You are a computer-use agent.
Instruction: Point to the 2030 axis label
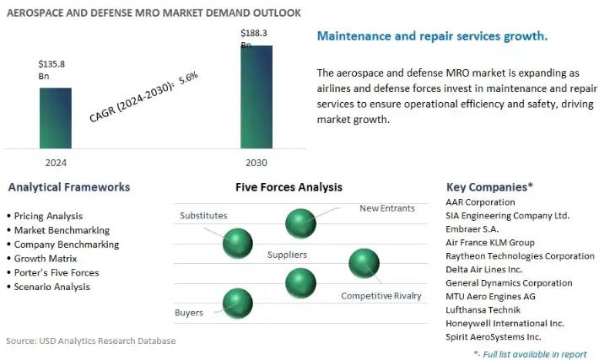pyautogui.click(x=256, y=163)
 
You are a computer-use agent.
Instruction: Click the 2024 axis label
pyautogui.click(x=55, y=163)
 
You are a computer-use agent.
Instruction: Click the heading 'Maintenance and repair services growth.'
pyautogui.click(x=432, y=36)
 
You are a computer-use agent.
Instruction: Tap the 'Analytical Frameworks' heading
pyautogui.click(x=67, y=187)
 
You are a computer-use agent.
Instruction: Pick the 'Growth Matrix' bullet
pyautogui.click(x=46, y=258)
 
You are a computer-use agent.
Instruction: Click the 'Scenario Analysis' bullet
pyautogui.click(x=52, y=287)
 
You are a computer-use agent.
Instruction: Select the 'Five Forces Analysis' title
pyautogui.click(x=289, y=187)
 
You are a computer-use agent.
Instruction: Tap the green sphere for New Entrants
pyautogui.click(x=300, y=223)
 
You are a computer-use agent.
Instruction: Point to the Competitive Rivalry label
pyautogui.click(x=381, y=296)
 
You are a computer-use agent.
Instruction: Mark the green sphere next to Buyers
pyautogui.click(x=237, y=302)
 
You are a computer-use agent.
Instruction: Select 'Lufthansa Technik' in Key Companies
pyautogui.click(x=483, y=309)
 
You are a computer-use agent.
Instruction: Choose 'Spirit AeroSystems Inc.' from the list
pyautogui.click(x=494, y=336)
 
